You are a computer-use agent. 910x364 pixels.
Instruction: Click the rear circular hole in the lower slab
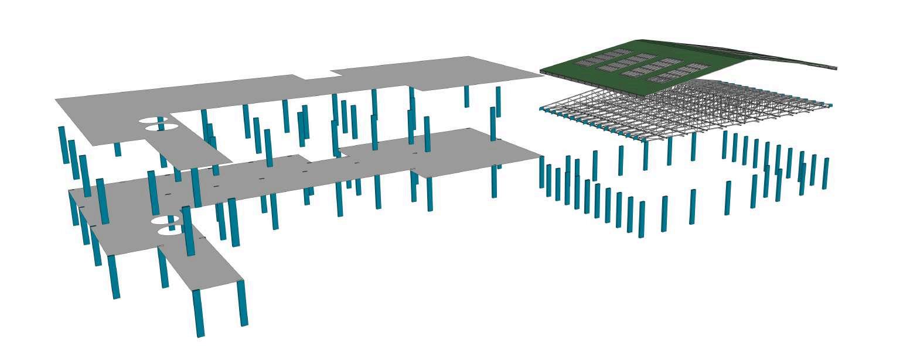pyautogui.click(x=165, y=221)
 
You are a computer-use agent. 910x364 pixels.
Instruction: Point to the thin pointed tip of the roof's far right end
pyautogui.click(x=834, y=68)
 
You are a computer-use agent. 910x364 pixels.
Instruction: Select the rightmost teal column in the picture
pyautogui.click(x=825, y=173)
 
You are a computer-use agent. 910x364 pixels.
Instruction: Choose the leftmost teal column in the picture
pyautogui.click(x=62, y=145)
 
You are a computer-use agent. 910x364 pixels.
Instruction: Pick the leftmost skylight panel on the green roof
pyautogui.click(x=586, y=61)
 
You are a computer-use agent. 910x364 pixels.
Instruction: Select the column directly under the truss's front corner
pyautogui.click(x=645, y=154)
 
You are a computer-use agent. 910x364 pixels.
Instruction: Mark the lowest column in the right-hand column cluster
pyautogui.click(x=642, y=219)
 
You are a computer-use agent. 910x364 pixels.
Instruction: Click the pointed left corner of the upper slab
pyautogui.click(x=56, y=100)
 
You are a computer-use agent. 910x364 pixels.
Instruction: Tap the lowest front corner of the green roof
pyautogui.click(x=642, y=87)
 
